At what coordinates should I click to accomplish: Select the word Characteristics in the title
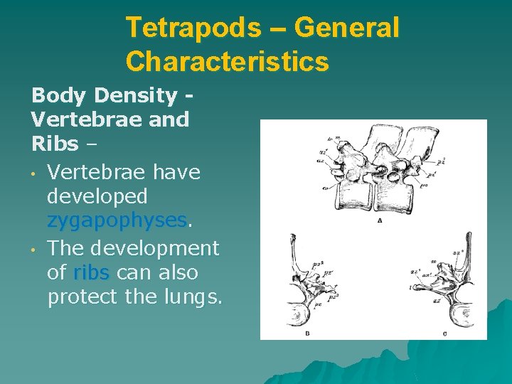point(227,61)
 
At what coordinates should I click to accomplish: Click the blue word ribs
point(91,273)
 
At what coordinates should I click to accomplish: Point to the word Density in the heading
point(140,95)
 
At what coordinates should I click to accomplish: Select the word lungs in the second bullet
point(193,297)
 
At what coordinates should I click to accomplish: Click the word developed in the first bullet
point(97,196)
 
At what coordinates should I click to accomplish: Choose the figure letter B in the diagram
point(306,332)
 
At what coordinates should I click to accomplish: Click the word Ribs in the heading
point(55,144)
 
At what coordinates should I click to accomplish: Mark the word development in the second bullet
point(152,249)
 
